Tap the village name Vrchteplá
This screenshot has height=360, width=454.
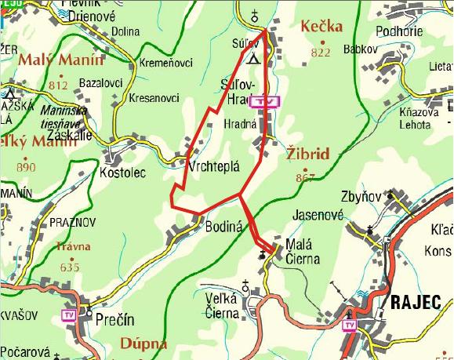coord(213,167)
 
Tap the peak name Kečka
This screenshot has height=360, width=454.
coord(321,27)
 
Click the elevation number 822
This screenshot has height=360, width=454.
coord(321,53)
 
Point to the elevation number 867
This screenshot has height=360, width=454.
coord(305,178)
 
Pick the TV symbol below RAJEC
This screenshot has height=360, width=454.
coord(349,325)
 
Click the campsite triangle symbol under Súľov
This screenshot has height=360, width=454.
coord(251,59)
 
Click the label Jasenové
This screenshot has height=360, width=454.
coord(318,213)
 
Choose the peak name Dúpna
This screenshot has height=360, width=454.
coord(144,343)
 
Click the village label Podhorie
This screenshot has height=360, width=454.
coord(399,31)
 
